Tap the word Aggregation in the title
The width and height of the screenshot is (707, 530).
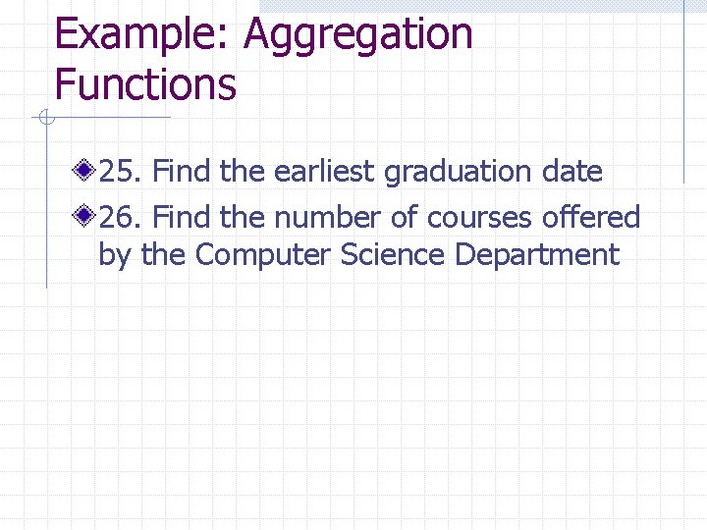click(x=358, y=35)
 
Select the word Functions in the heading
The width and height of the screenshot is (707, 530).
click(x=145, y=83)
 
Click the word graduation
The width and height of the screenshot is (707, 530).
click(x=457, y=173)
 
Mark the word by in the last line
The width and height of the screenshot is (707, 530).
click(x=114, y=255)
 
